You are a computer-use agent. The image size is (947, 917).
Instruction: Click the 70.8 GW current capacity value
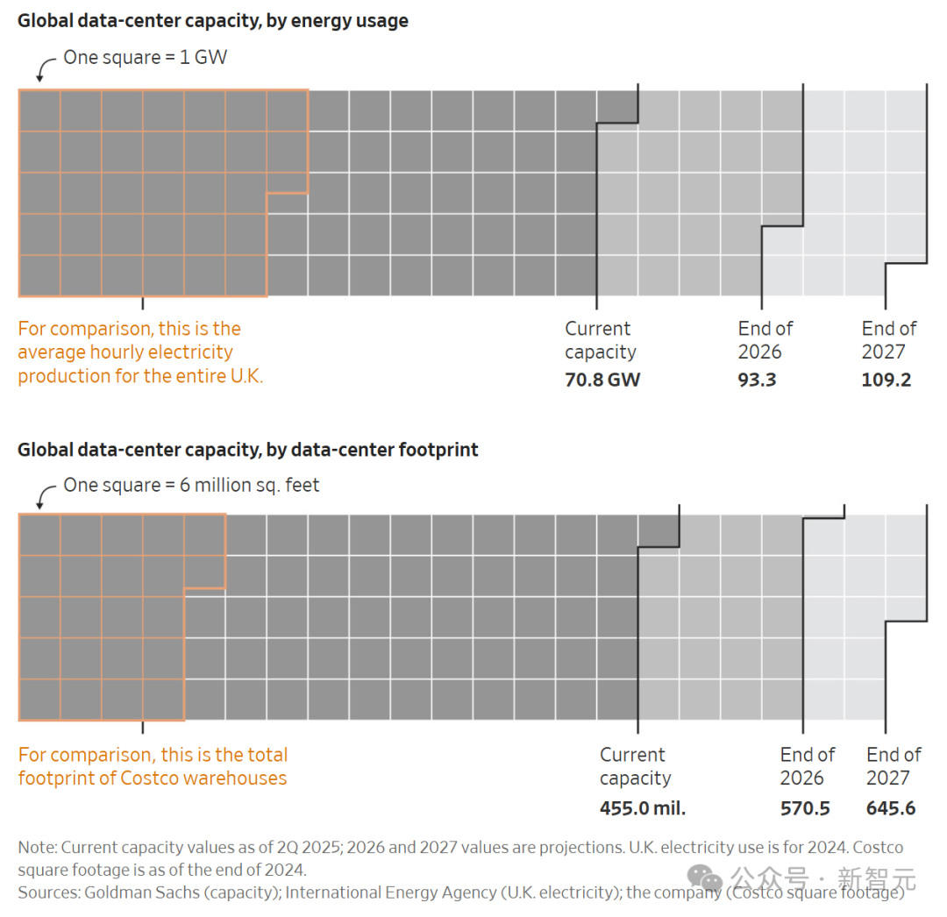click(602, 380)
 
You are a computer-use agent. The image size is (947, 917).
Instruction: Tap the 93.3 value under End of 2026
click(757, 380)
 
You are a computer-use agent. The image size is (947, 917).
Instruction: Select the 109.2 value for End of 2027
click(886, 380)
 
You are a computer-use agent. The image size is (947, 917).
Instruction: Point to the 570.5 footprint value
click(805, 807)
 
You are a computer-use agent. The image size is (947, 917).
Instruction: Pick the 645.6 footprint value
click(891, 807)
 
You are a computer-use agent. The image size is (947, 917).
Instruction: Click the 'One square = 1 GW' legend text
click(146, 58)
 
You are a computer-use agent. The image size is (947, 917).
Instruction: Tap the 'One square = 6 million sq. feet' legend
click(191, 485)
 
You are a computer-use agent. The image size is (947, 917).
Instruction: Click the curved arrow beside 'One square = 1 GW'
click(45, 68)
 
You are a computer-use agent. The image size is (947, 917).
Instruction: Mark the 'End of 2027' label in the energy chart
click(888, 340)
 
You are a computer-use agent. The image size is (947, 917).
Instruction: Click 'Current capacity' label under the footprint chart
click(634, 766)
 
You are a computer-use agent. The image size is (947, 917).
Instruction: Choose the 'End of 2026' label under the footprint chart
click(807, 766)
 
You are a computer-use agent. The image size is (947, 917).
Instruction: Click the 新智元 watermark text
click(877, 878)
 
